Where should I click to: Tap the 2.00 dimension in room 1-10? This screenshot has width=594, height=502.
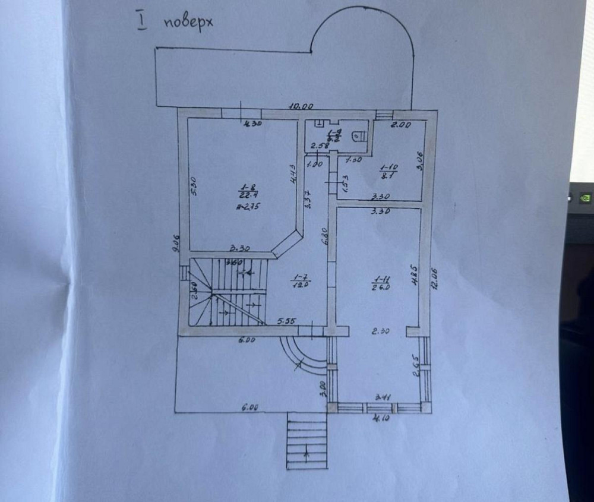pyautogui.click(x=400, y=125)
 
